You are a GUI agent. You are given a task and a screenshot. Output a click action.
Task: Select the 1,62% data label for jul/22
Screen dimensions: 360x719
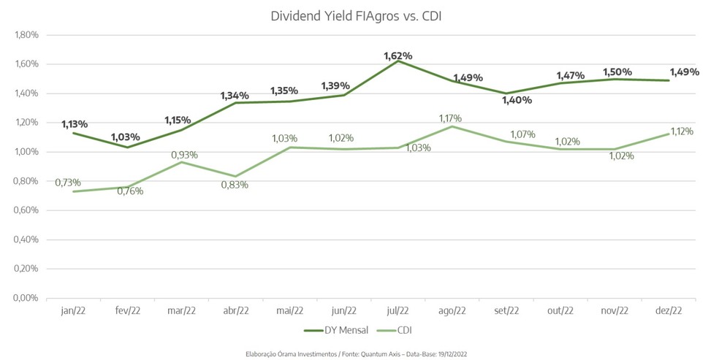click(x=398, y=55)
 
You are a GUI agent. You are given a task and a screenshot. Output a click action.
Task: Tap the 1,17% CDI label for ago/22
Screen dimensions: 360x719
click(x=450, y=118)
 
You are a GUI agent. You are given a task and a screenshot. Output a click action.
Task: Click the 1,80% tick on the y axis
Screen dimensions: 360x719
click(x=26, y=34)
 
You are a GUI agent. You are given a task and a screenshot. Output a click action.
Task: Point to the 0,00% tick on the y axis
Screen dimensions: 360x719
click(x=26, y=298)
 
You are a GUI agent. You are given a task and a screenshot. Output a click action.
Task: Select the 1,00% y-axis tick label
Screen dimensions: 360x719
click(x=26, y=152)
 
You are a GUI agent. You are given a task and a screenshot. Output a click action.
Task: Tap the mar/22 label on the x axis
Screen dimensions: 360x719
click(x=181, y=310)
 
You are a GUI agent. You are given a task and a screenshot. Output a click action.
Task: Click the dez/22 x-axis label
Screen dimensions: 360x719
click(x=668, y=310)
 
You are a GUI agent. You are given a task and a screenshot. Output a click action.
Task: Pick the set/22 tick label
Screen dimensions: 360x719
click(x=506, y=310)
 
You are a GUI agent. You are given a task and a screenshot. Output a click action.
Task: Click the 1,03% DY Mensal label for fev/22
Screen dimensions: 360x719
click(x=126, y=137)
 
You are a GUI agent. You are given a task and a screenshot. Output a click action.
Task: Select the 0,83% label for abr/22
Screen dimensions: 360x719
click(x=235, y=185)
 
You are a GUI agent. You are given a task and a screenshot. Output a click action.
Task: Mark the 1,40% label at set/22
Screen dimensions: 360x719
click(x=517, y=100)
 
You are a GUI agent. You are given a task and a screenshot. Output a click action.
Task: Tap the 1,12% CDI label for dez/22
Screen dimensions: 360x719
click(x=680, y=131)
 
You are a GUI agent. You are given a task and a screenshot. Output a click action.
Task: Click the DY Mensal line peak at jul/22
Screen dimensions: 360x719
click(x=398, y=61)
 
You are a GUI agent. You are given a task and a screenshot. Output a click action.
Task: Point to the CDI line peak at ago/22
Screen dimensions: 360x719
click(x=452, y=126)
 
